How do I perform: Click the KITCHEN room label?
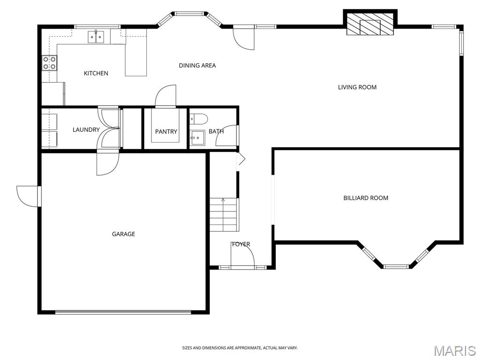click(96, 73)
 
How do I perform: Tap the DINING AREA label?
click(197, 65)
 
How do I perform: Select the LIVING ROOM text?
click(357, 87)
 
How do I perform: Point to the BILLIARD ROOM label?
click(366, 198)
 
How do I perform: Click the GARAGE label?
click(123, 234)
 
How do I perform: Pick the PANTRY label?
click(166, 132)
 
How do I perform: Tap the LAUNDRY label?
click(86, 130)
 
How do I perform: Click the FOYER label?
click(241, 244)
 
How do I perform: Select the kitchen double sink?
click(96, 37)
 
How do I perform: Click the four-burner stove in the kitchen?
click(49, 63)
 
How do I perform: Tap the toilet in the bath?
click(199, 119)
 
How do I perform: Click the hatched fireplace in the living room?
click(370, 24)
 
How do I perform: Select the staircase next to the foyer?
click(224, 215)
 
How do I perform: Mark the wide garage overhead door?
click(123, 313)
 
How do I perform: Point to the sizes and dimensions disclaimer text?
click(240, 348)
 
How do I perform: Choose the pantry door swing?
click(165, 96)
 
